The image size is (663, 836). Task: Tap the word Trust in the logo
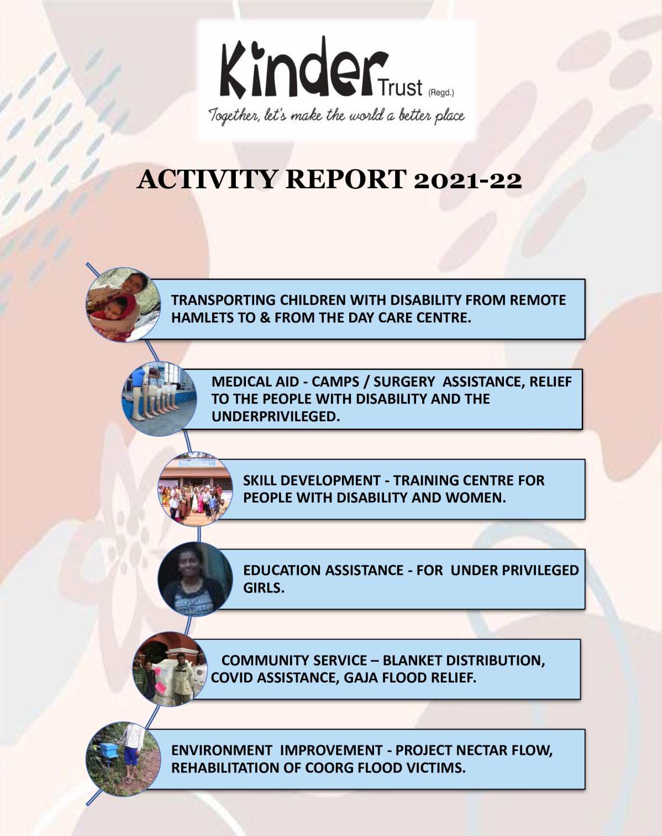pyautogui.click(x=400, y=88)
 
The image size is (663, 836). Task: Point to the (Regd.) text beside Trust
pyautogui.click(x=441, y=92)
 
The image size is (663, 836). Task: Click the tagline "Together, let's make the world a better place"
pyautogui.click(x=336, y=115)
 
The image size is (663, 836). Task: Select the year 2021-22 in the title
pyautogui.click(x=467, y=180)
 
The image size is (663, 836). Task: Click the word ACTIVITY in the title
pyautogui.click(x=207, y=180)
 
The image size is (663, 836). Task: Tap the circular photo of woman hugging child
pyautogui.click(x=123, y=305)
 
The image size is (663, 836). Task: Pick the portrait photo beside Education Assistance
pyautogui.click(x=195, y=579)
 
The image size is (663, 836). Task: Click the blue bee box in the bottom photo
pyautogui.click(x=108, y=750)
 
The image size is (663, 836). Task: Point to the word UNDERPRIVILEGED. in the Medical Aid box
pyautogui.click(x=275, y=417)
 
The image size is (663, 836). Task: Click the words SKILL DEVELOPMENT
pyautogui.click(x=311, y=480)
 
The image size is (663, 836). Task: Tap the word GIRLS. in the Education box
pyautogui.click(x=264, y=588)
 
